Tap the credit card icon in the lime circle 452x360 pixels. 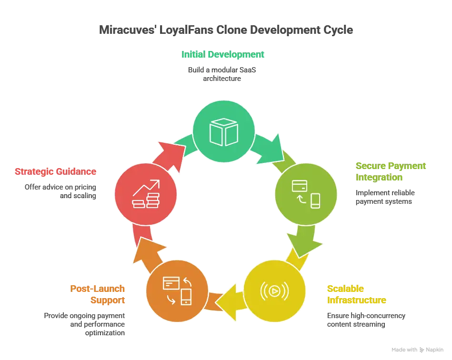tap(299, 185)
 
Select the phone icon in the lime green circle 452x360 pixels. tap(315, 200)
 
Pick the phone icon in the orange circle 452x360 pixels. tap(186, 298)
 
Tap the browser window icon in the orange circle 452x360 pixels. tap(170, 283)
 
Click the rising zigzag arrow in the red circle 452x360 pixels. tap(147, 188)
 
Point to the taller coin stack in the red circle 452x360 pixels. tap(153, 200)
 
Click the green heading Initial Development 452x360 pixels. tap(222, 55)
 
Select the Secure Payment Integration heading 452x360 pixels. tap(390, 172)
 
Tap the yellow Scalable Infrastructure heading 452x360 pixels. tap(356, 294)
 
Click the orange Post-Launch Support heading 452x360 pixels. tap(98, 294)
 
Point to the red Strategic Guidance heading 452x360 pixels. tap(56, 171)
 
